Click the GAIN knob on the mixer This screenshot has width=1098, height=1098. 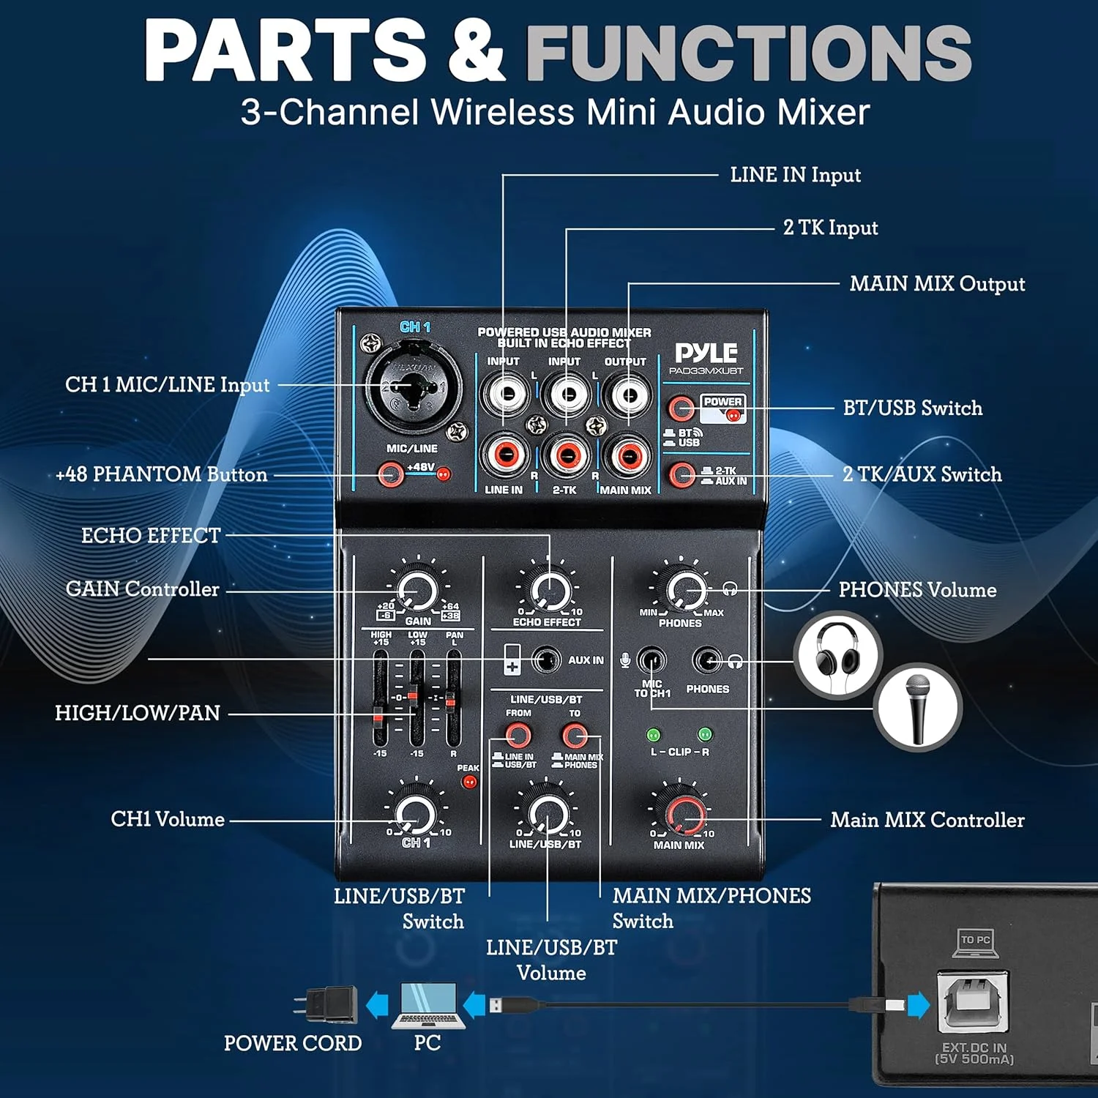point(417,590)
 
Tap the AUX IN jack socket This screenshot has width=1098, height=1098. point(545,660)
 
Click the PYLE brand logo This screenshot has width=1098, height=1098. point(706,354)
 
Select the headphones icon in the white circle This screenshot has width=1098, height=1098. point(838,654)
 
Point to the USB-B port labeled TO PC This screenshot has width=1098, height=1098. point(973,999)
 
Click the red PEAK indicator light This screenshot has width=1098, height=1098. point(469,782)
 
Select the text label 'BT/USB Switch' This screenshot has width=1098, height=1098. point(912,408)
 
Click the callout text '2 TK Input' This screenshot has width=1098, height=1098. point(830,228)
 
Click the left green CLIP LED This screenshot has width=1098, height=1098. point(654,734)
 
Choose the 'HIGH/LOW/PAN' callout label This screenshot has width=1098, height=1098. point(138,713)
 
